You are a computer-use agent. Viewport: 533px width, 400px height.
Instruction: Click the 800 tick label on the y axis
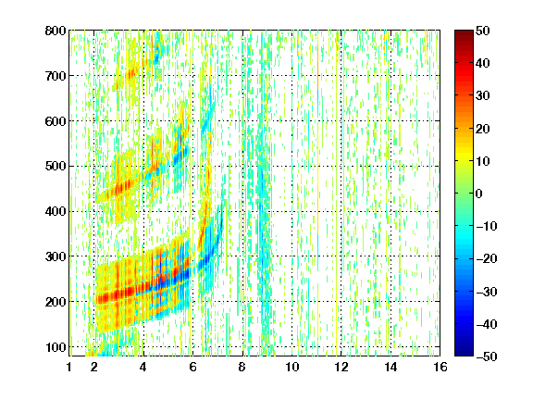[x=56, y=31]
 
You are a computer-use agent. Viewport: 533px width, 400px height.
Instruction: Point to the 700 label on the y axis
[x=56, y=76]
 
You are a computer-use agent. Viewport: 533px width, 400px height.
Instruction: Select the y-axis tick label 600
[x=56, y=121]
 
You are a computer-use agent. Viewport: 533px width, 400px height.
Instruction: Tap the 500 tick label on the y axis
[x=56, y=167]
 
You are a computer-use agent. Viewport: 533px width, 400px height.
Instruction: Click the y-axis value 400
[x=56, y=212]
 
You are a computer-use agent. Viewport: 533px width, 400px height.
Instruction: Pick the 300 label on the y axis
[x=56, y=256]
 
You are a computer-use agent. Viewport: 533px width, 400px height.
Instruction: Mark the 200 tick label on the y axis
[x=56, y=302]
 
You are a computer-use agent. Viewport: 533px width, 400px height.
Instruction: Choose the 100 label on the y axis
[x=56, y=347]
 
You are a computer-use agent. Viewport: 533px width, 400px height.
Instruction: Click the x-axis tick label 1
[x=69, y=368]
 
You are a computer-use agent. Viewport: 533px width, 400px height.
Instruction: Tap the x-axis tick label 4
[x=143, y=368]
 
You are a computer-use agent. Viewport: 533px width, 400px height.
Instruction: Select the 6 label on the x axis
[x=192, y=368]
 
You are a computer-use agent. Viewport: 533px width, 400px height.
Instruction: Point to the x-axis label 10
[x=291, y=368]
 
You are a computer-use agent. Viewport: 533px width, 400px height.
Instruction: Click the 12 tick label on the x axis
[x=341, y=368]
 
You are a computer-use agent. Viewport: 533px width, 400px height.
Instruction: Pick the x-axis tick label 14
[x=390, y=368]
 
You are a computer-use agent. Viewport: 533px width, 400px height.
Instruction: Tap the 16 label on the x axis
[x=440, y=368]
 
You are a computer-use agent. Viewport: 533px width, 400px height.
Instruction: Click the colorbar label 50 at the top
[x=482, y=31]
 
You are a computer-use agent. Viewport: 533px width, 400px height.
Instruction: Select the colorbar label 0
[x=479, y=194]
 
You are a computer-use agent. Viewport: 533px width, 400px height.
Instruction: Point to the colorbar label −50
[x=486, y=356]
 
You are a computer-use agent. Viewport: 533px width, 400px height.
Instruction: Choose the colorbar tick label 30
[x=482, y=96]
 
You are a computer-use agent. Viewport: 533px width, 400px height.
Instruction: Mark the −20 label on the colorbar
[x=486, y=259]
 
